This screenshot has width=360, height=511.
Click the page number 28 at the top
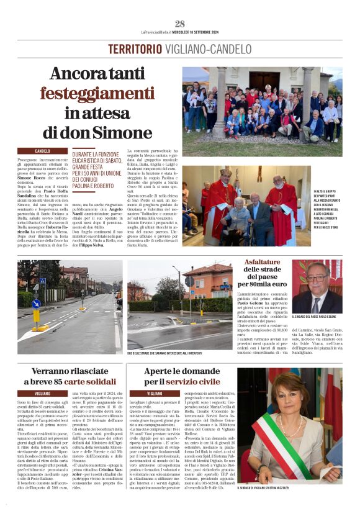click(x=180, y=24)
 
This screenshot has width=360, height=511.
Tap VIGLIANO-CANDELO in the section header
click(x=208, y=49)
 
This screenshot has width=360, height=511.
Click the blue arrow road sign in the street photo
click(x=36, y=303)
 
